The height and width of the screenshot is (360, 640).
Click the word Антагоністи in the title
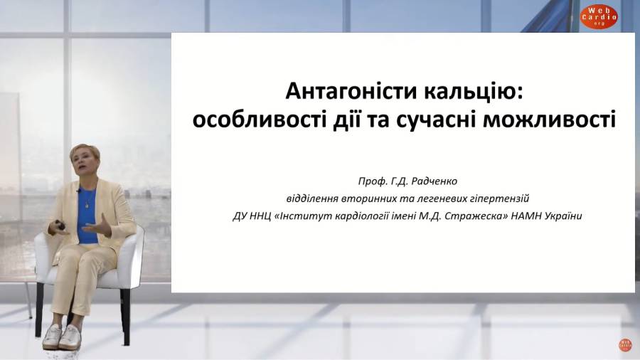click(351, 91)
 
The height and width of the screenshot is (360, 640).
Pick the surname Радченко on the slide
click(434, 181)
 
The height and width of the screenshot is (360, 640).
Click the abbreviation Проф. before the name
click(371, 181)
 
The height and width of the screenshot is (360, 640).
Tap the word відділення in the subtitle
click(312, 198)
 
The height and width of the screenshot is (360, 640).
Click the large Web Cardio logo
click(599, 17)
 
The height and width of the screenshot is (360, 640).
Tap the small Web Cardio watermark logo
click(625, 345)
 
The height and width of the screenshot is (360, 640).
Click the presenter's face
click(84, 162)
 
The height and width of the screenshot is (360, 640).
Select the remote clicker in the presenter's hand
click(60, 224)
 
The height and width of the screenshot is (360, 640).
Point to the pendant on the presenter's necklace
click(87, 205)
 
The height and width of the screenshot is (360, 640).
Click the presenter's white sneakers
click(61, 337)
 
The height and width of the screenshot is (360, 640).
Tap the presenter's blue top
click(87, 216)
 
